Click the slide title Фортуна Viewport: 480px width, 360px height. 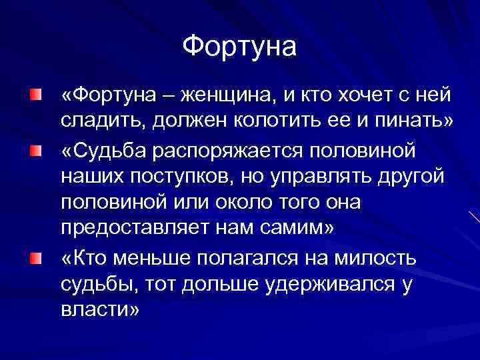(239, 47)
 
